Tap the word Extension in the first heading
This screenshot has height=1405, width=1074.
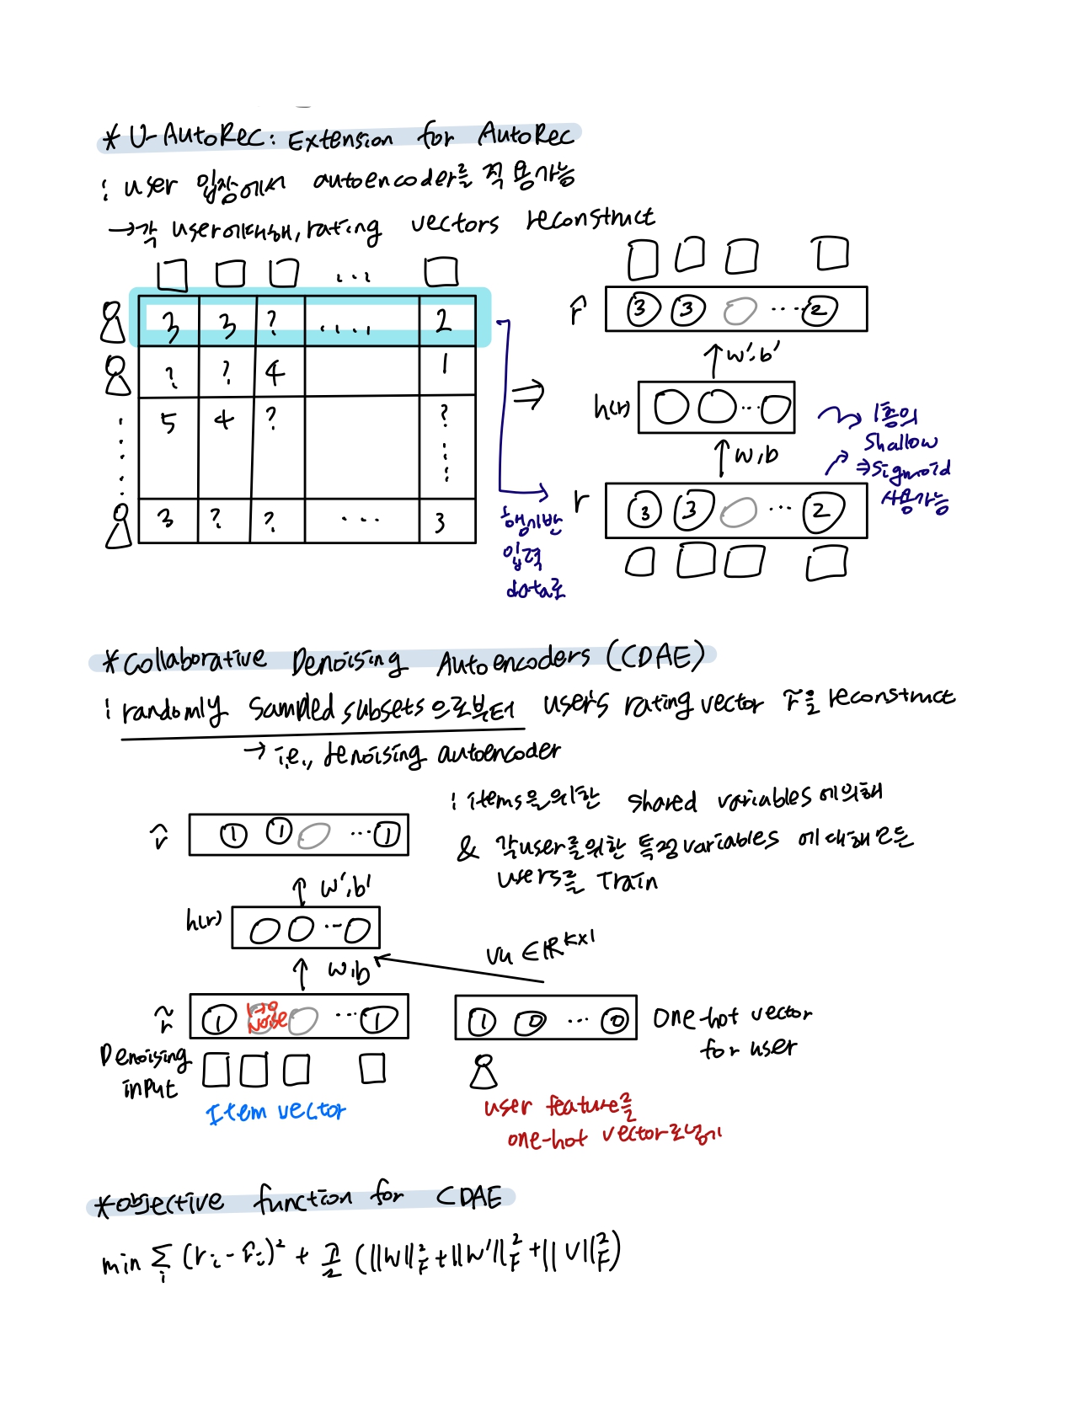pos(340,139)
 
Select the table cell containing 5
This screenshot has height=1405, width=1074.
pos(168,422)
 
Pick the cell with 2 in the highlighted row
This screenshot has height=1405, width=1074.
pos(444,321)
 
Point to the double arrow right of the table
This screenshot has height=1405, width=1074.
pos(529,393)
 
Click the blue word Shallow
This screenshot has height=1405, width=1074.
pos(900,442)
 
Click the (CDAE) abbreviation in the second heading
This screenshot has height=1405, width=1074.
pos(655,657)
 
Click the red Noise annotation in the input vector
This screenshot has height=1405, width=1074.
pos(266,1018)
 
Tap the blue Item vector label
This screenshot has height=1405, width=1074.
pos(276,1112)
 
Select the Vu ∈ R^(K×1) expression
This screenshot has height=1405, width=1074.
pos(540,948)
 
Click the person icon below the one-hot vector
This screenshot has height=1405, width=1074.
pos(483,1071)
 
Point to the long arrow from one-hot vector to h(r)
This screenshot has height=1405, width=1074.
pos(459,969)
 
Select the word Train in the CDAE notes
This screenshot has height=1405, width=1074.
pos(627,881)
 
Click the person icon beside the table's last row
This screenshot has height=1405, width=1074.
pos(120,526)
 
